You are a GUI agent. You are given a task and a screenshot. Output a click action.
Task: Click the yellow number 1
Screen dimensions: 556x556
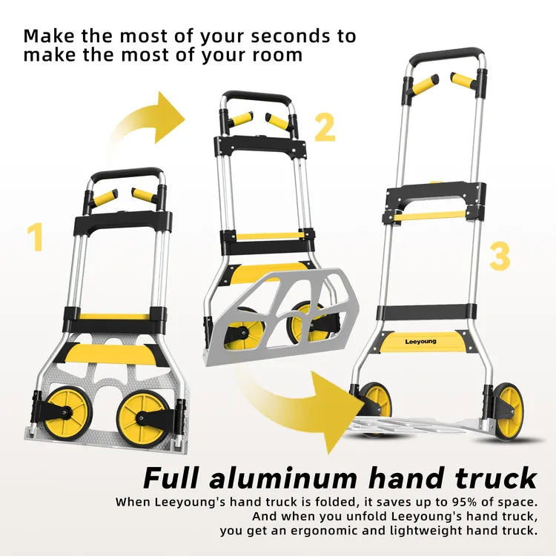click(x=35, y=237)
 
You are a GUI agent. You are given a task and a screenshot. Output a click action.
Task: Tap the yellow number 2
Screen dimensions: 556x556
click(x=324, y=127)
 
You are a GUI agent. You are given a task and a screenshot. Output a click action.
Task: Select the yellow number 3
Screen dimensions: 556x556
click(x=500, y=256)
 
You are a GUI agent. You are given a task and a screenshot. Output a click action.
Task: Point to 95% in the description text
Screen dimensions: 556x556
click(x=434, y=502)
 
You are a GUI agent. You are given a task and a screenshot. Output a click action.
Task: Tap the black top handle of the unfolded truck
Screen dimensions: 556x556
click(x=449, y=55)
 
